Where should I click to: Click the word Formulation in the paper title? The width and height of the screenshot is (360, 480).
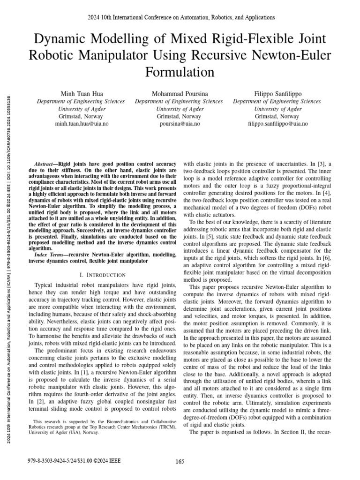pos(180,72)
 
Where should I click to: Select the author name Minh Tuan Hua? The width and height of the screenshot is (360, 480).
pos(81,94)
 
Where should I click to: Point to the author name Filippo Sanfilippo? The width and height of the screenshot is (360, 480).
pos(277,94)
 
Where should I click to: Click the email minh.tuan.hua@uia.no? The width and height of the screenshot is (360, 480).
pos(81,124)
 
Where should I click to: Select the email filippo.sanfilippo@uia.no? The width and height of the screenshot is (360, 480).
pos(277,124)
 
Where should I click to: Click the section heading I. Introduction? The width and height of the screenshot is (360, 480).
pos(102,274)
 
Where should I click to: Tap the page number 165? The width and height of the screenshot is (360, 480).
pos(180,461)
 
